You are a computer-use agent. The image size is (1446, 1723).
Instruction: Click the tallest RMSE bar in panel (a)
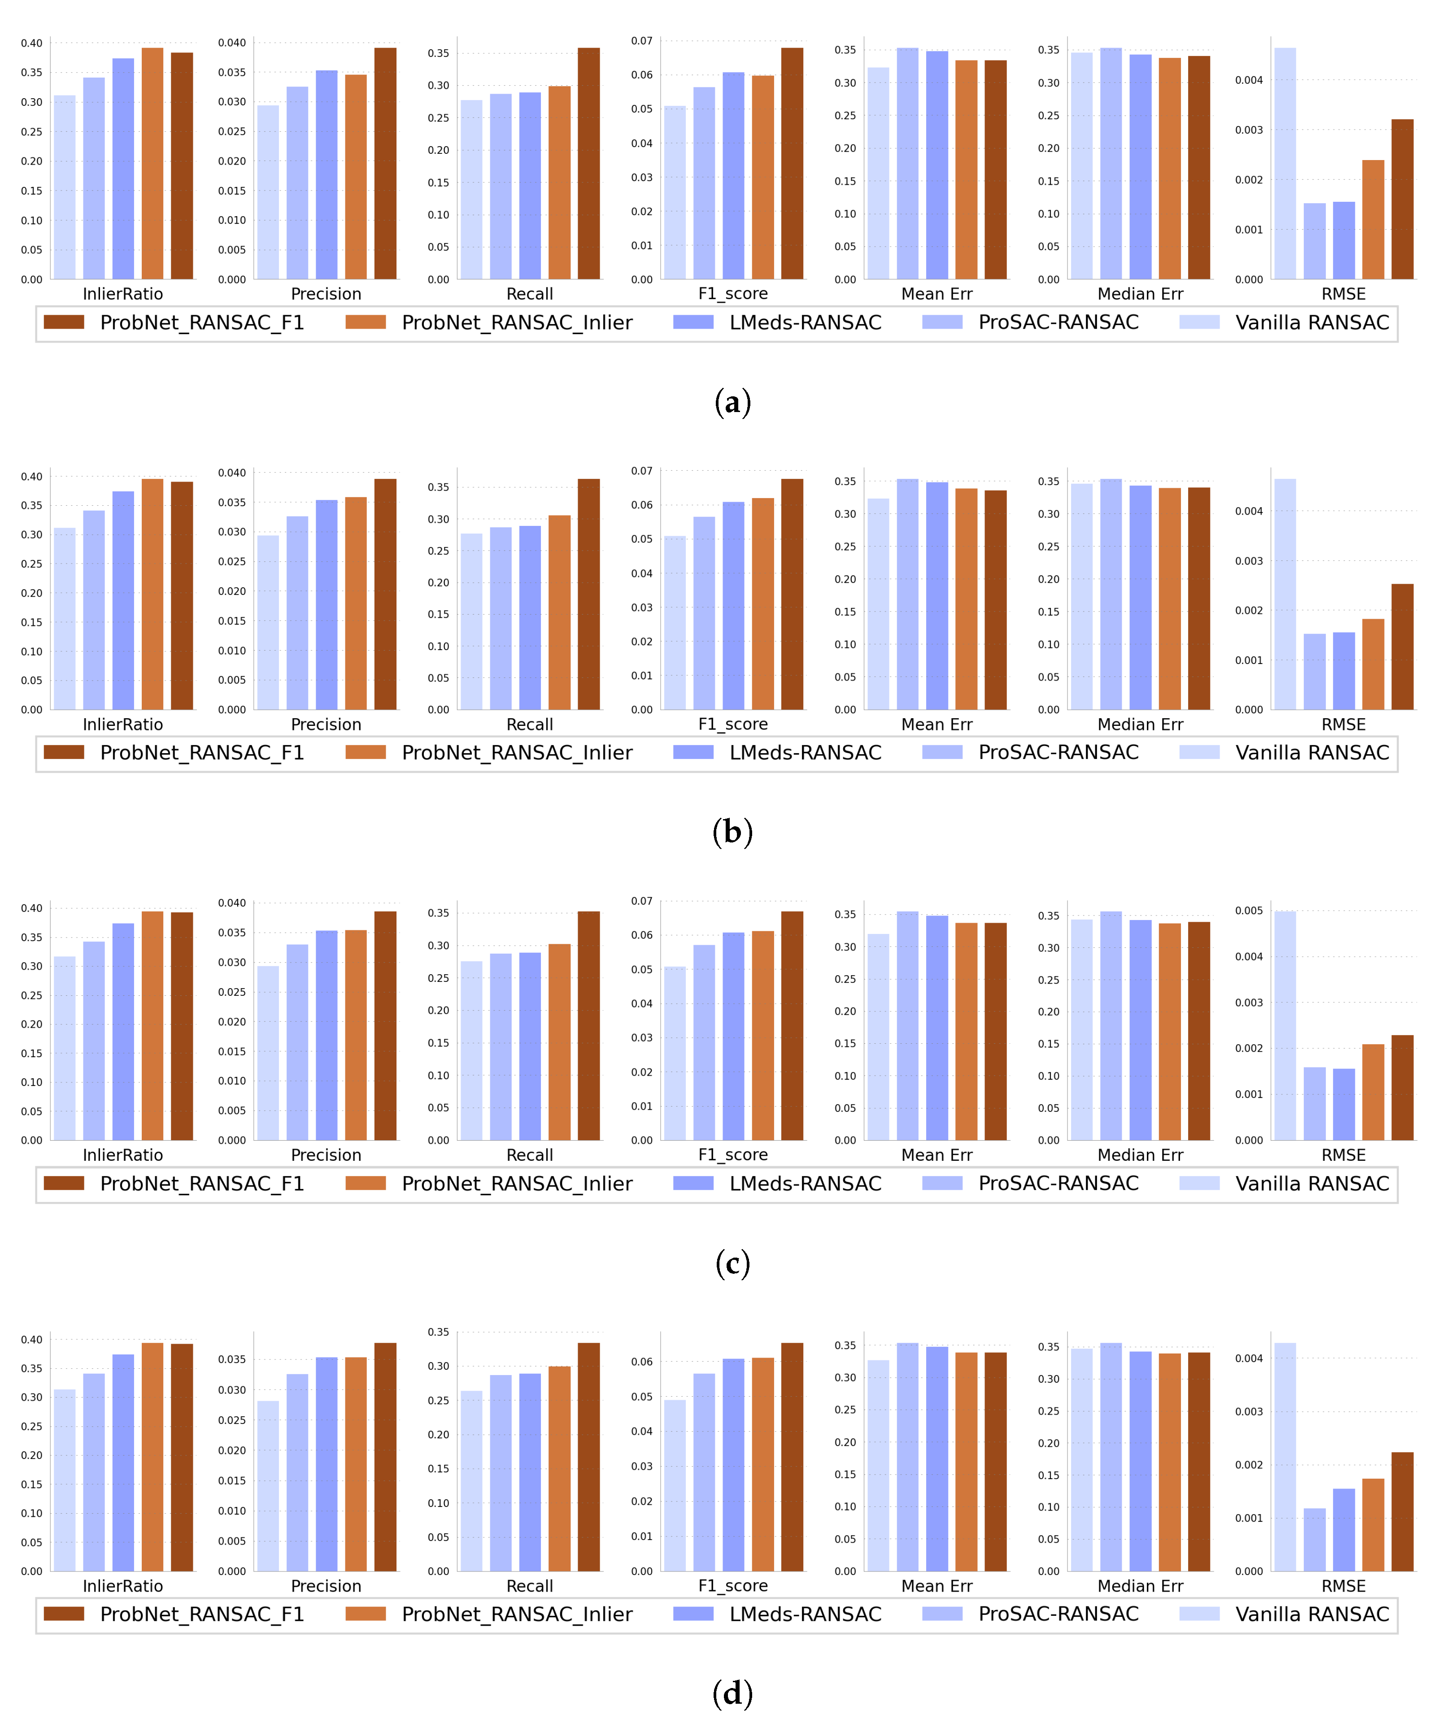[1285, 164]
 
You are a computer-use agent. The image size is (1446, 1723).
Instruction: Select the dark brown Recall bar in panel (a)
[588, 164]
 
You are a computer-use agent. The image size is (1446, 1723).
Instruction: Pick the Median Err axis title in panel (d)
[1140, 1586]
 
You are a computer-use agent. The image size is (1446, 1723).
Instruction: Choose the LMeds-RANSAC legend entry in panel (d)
[804, 1614]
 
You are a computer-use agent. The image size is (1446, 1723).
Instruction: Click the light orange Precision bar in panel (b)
[355, 603]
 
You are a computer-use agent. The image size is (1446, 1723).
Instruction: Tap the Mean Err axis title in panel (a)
[936, 294]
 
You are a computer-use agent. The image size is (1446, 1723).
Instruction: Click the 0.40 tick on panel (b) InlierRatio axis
[31, 477]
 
